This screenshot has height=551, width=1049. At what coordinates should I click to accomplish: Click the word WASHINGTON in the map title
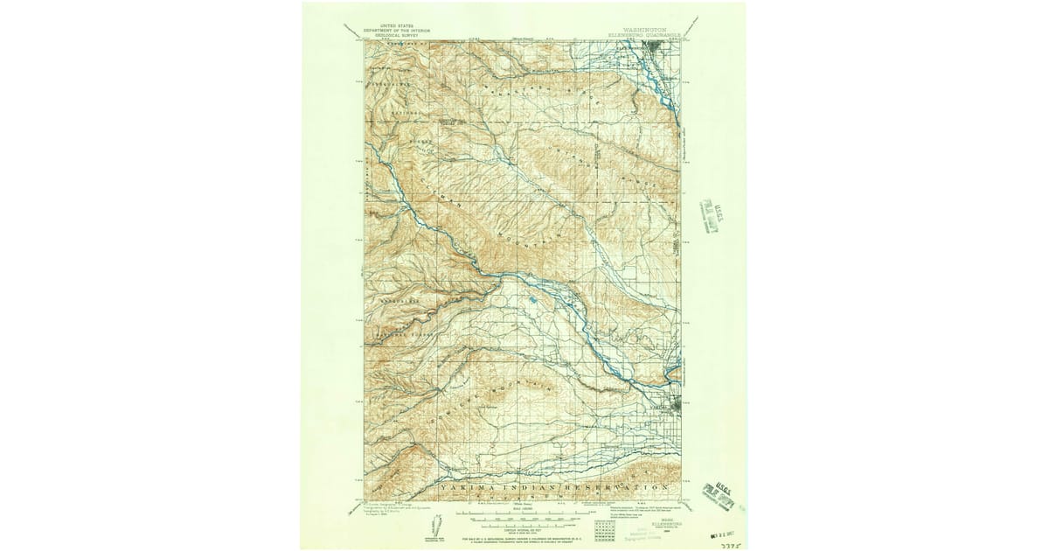click(x=642, y=27)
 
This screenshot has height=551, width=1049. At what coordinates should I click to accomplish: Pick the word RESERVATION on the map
click(x=616, y=486)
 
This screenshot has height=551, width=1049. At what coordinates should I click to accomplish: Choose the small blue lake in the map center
click(x=532, y=303)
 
